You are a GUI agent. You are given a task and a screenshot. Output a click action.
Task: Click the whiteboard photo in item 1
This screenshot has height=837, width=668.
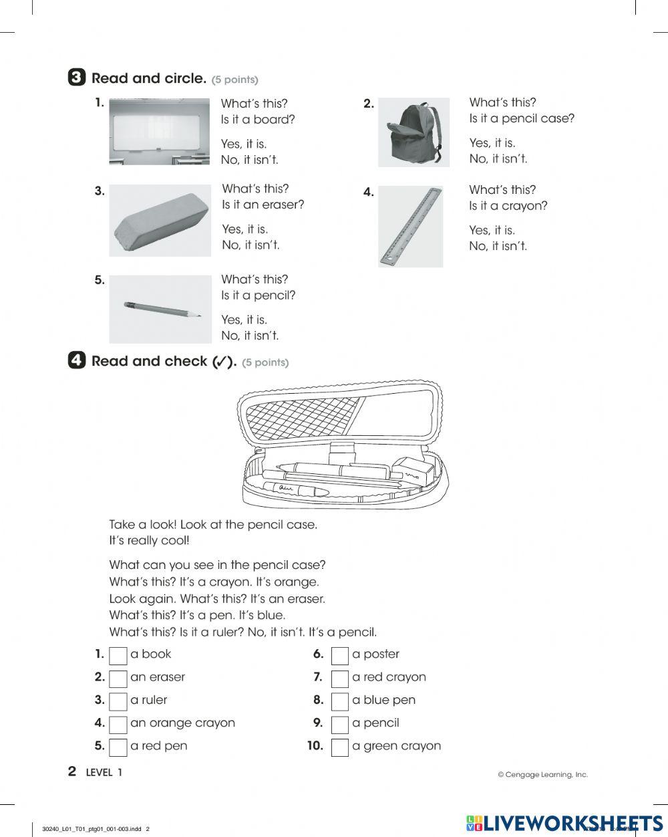pyautogui.click(x=159, y=131)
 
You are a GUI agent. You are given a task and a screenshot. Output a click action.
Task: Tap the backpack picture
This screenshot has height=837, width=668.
pyautogui.click(x=413, y=132)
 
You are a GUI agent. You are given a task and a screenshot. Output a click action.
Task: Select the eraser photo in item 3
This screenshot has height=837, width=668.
pyautogui.click(x=160, y=221)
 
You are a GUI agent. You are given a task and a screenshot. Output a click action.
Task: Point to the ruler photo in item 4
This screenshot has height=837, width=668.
pyautogui.click(x=410, y=227)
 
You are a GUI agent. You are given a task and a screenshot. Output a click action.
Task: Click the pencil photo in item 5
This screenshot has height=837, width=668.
pyautogui.click(x=160, y=309)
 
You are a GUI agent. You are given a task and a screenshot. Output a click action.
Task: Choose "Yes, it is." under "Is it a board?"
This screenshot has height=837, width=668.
pyautogui.click(x=244, y=144)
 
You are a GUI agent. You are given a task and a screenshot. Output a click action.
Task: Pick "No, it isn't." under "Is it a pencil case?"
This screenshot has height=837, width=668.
pyautogui.click(x=498, y=158)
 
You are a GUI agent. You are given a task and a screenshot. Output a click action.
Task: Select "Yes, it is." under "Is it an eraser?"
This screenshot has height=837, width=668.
pyautogui.click(x=244, y=229)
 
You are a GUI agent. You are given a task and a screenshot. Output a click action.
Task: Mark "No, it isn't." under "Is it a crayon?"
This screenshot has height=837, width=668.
pyautogui.click(x=498, y=246)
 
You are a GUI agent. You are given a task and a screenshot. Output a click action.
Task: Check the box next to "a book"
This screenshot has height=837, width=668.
pyautogui.click(x=118, y=655)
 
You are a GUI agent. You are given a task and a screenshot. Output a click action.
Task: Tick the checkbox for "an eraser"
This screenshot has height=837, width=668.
pyautogui.click(x=118, y=678)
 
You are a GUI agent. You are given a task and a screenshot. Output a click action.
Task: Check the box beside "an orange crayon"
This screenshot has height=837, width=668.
pyautogui.click(x=118, y=724)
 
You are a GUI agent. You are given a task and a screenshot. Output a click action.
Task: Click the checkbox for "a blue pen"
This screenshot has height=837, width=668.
pyautogui.click(x=340, y=701)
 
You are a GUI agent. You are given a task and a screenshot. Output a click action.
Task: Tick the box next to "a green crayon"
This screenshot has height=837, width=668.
pyautogui.click(x=340, y=747)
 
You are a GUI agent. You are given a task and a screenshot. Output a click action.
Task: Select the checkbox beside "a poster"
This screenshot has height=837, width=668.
pyautogui.click(x=340, y=655)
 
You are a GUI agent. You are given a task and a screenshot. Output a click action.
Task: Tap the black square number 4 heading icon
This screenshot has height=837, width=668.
pyautogui.click(x=77, y=361)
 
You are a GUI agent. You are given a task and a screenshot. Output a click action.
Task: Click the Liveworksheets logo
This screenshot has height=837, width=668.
pyautogui.click(x=564, y=823)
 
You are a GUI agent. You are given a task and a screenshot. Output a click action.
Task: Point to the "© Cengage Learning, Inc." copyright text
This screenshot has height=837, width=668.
pyautogui.click(x=542, y=775)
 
